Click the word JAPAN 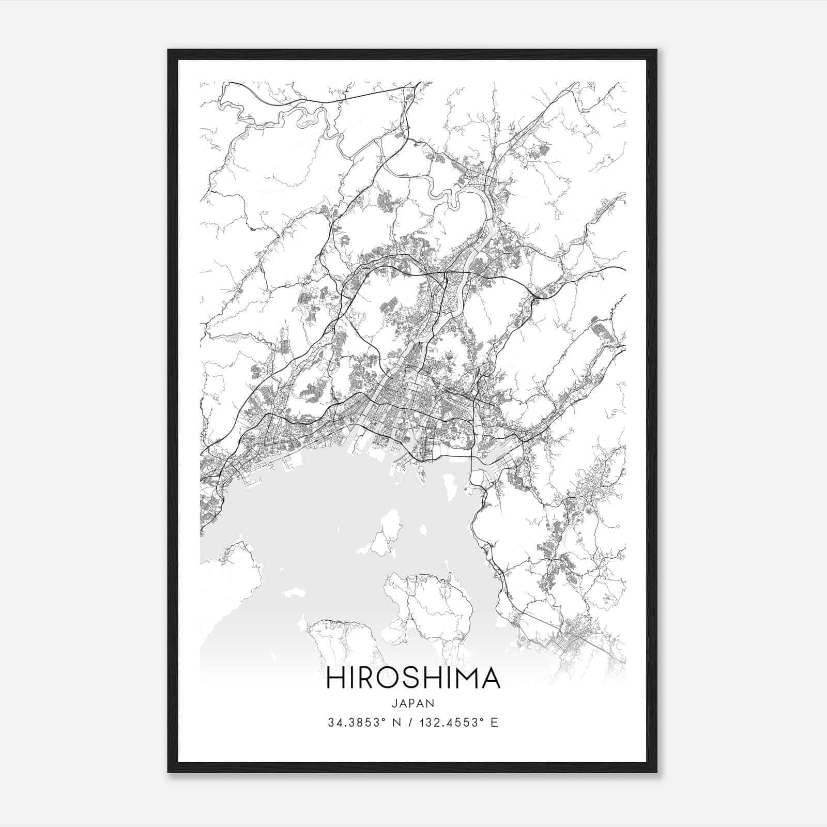click(x=413, y=703)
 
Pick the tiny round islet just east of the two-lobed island click(x=423, y=529)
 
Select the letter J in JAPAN click(x=394, y=703)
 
